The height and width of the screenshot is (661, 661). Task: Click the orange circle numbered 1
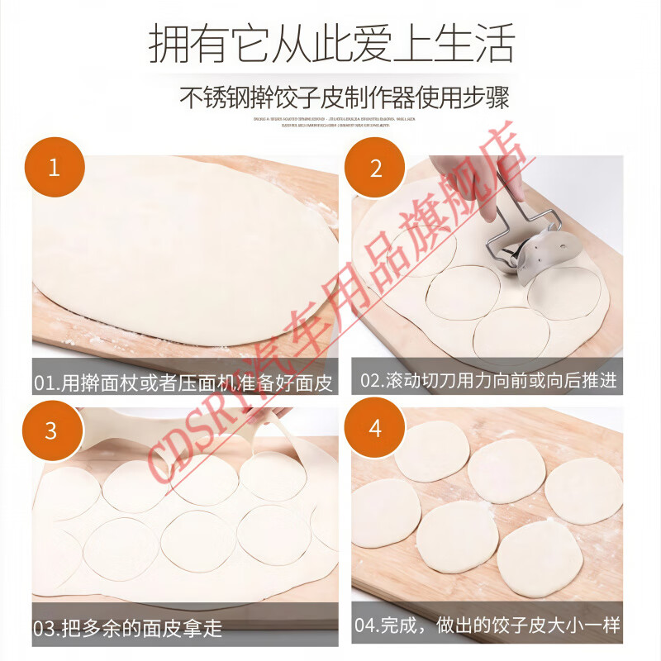tap(54, 168)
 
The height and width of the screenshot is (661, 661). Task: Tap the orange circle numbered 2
tap(376, 168)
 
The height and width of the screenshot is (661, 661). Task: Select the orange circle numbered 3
tap(51, 430)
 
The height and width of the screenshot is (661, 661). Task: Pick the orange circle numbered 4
tap(375, 428)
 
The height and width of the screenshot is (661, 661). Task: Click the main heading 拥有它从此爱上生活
tap(331, 43)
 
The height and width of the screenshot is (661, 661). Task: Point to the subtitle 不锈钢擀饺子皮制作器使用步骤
tap(345, 97)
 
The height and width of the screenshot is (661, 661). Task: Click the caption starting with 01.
tap(185, 382)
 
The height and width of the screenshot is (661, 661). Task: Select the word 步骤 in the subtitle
tap(487, 97)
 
